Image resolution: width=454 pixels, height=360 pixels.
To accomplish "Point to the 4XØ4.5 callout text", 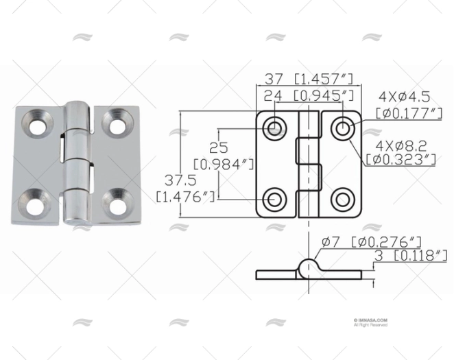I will click(x=404, y=96).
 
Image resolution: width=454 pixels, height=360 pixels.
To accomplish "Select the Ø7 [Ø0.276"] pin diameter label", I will click(x=370, y=241).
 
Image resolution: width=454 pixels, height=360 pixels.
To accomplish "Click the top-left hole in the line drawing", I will click(x=276, y=127).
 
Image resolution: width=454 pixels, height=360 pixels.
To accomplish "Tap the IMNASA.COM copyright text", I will click(x=371, y=321).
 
